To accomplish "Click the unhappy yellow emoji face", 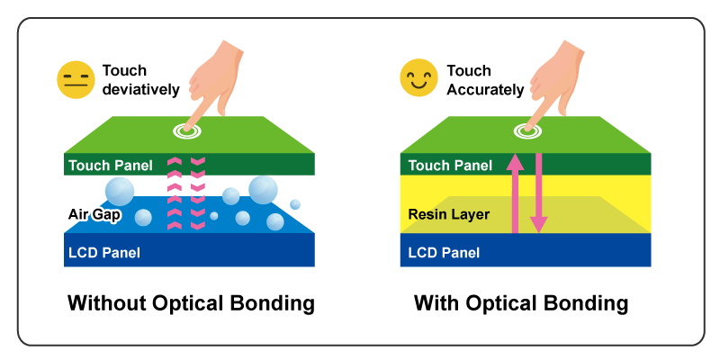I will coord(76,80).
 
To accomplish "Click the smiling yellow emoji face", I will coord(418,78).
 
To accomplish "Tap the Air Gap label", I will coord(93,214).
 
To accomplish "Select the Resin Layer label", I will coord(448,214).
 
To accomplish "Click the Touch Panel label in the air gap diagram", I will coord(109,166).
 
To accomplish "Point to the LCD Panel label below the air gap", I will coord(104,252).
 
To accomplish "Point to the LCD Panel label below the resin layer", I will coord(444,252).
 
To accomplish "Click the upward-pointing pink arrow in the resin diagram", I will coord(515,193).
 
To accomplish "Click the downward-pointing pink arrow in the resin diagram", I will coord(538,193).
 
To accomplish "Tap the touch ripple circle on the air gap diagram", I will coord(187,132).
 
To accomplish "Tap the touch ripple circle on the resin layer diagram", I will coord(526,132).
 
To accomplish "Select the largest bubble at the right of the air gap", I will coord(264,189).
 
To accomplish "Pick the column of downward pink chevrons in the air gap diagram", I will coord(198,193).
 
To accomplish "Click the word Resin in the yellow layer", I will coord(427,214).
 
